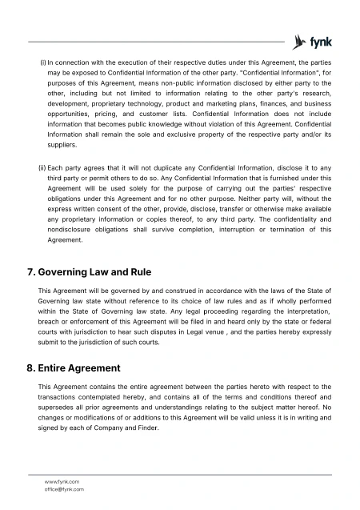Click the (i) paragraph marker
click(x=42, y=62)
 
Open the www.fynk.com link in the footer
click(x=62, y=481)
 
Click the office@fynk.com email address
click(x=65, y=488)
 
